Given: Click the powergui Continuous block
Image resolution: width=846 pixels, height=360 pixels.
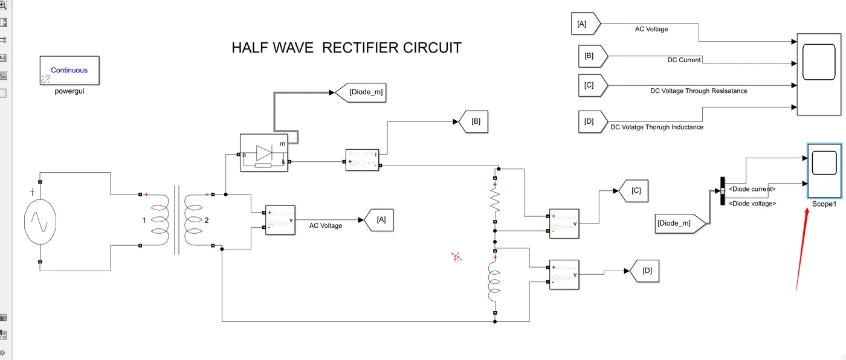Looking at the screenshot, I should click(69, 71).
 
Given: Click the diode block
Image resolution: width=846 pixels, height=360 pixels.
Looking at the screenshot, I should click(264, 153).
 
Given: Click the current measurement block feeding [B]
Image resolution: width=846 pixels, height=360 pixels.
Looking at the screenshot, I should click(363, 160).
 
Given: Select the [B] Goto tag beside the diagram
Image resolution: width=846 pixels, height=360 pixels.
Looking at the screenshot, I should click(474, 121).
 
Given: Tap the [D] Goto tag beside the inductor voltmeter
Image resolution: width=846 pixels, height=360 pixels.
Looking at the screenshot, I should click(644, 271).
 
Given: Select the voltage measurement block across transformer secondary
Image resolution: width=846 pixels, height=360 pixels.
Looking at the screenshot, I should click(280, 220).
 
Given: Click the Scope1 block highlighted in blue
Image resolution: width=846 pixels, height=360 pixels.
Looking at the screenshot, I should click(824, 170).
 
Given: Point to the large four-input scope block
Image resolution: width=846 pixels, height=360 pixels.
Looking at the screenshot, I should click(818, 74).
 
